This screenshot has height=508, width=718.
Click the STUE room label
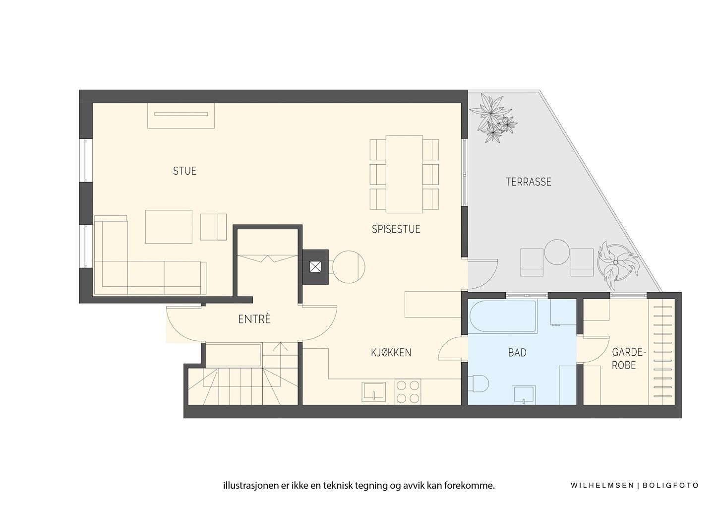[x=184, y=171]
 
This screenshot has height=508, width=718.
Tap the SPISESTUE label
[x=396, y=229]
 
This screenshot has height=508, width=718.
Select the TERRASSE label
[x=529, y=182]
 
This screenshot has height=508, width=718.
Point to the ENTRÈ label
[x=254, y=319]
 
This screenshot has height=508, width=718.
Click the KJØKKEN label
[x=391, y=353]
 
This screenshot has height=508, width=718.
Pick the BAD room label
[x=517, y=353]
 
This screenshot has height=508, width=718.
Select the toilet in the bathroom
[x=478, y=383]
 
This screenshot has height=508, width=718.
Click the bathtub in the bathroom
[x=503, y=317]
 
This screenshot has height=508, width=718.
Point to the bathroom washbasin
[x=524, y=395]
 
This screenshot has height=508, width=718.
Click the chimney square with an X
[x=315, y=267]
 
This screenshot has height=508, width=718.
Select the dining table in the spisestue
[x=404, y=174]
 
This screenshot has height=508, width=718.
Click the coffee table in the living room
[x=169, y=227]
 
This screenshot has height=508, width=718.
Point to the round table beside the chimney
[x=349, y=267]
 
